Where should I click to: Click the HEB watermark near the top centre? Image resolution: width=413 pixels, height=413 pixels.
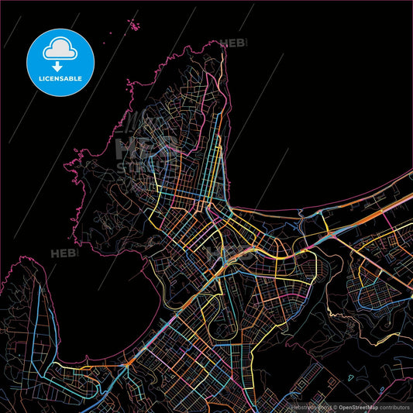coord(235,43)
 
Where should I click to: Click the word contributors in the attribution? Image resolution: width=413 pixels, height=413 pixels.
coord(393,406)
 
